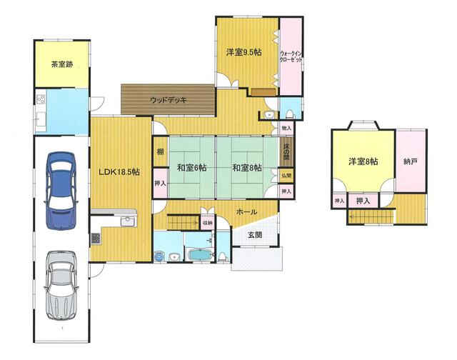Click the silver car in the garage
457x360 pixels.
61,286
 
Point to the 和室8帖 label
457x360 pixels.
246,169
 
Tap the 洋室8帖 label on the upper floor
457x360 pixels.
363,161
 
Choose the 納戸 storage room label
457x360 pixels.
410,161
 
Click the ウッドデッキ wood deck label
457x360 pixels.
169,101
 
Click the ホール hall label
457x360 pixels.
247,212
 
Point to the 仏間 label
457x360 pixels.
286,176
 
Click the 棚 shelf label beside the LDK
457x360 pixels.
159,151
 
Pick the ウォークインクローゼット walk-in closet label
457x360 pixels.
291,56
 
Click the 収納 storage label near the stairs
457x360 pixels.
206,222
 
